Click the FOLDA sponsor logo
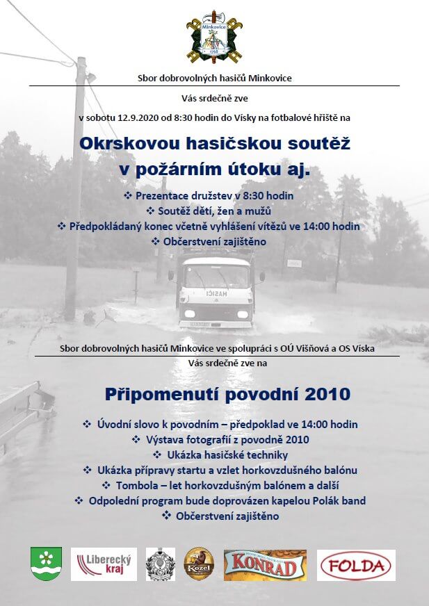[x=356, y=565]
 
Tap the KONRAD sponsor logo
[x=265, y=565]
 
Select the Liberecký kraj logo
[x=104, y=564]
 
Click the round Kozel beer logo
[x=198, y=564]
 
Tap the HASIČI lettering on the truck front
[x=216, y=293]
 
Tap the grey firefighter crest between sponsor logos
[x=161, y=564]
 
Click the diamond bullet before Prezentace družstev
[x=127, y=196]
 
